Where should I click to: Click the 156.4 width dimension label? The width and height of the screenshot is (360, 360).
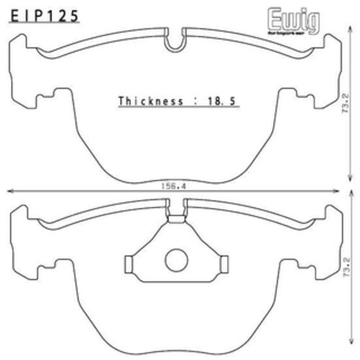[176, 186]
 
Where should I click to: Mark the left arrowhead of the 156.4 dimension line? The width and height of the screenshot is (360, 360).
[10, 192]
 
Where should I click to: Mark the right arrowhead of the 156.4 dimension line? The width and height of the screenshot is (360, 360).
[342, 192]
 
